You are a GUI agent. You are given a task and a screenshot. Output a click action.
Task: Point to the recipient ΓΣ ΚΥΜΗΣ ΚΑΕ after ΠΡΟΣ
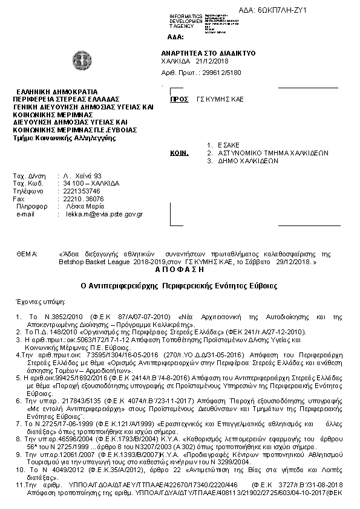[220, 99]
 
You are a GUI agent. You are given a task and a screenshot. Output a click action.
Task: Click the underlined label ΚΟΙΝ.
[177, 154]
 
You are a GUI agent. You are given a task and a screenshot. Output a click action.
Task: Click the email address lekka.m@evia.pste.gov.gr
[105, 214]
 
